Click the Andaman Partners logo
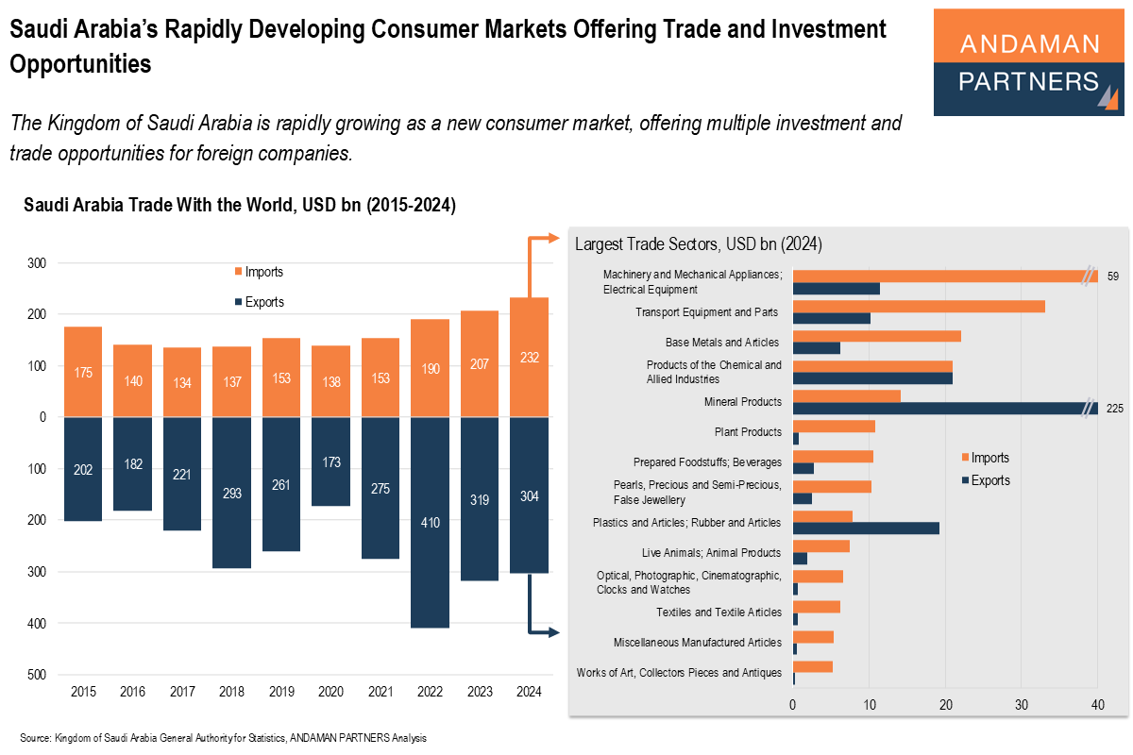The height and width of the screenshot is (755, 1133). tap(1028, 63)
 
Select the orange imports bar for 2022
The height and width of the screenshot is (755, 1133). tap(430, 368)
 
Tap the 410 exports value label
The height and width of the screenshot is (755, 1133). tap(430, 522)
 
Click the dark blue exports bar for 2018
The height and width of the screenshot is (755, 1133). tap(231, 492)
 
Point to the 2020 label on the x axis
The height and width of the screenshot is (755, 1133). tap(330, 692)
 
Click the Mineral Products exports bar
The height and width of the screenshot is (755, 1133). tap(944, 409)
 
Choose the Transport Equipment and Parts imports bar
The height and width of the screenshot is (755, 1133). tap(919, 306)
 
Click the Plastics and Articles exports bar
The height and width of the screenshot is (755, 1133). tap(866, 528)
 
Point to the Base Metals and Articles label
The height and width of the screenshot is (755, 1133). tap(722, 342)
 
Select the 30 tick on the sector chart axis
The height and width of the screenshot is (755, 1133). tap(1021, 704)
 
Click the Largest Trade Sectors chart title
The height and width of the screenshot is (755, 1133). tap(699, 244)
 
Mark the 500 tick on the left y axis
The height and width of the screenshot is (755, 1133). tap(36, 675)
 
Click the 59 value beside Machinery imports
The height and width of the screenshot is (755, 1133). tap(1113, 277)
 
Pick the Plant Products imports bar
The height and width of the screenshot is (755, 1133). tap(834, 426)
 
